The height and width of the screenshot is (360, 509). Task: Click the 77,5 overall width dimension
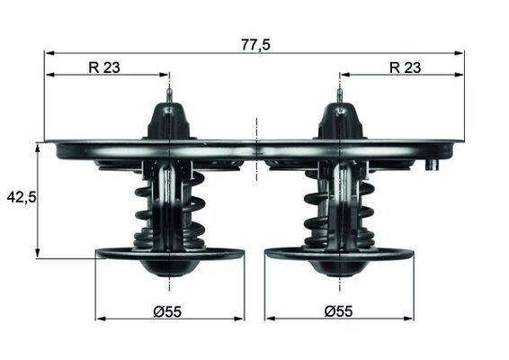(x=255, y=43)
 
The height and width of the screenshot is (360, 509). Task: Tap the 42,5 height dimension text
(x=21, y=196)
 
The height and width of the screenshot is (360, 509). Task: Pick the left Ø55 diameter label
(x=167, y=310)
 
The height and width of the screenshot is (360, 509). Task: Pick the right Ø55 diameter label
(x=338, y=310)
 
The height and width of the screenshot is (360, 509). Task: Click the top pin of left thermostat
(x=169, y=94)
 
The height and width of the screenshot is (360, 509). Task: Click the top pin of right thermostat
(x=339, y=94)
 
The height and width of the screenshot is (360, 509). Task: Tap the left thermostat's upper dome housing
(x=169, y=121)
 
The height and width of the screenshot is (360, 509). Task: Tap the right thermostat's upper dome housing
(x=339, y=121)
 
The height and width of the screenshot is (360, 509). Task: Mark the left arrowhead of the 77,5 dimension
(x=49, y=52)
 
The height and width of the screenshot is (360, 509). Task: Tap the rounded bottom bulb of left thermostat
(x=169, y=267)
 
